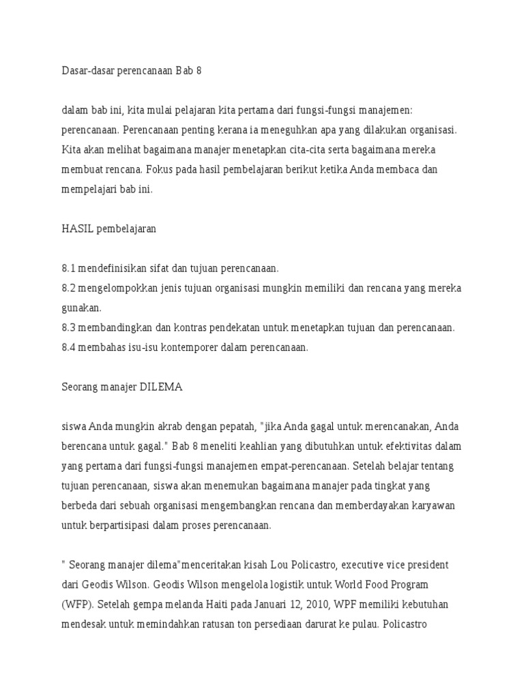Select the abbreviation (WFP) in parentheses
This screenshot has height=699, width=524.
pos(76,605)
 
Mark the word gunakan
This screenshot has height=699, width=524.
pos(81,308)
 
